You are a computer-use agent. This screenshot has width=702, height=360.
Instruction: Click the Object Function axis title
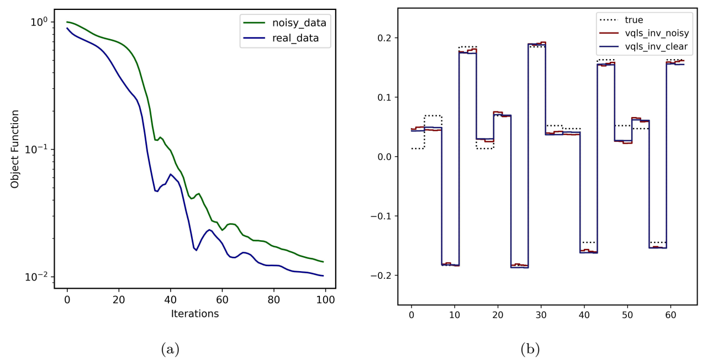pyautogui.click(x=15, y=149)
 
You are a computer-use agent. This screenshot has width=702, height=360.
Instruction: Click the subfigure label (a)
pyautogui.click(x=169, y=348)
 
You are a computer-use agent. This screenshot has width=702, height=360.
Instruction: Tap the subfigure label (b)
pyautogui.click(x=530, y=348)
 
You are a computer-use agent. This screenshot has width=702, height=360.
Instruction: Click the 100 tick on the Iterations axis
pyautogui.click(x=325, y=299)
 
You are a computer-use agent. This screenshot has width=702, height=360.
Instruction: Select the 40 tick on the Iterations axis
pyautogui.click(x=170, y=299)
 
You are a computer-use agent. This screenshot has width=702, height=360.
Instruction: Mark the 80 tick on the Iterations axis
pyautogui.click(x=273, y=299)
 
